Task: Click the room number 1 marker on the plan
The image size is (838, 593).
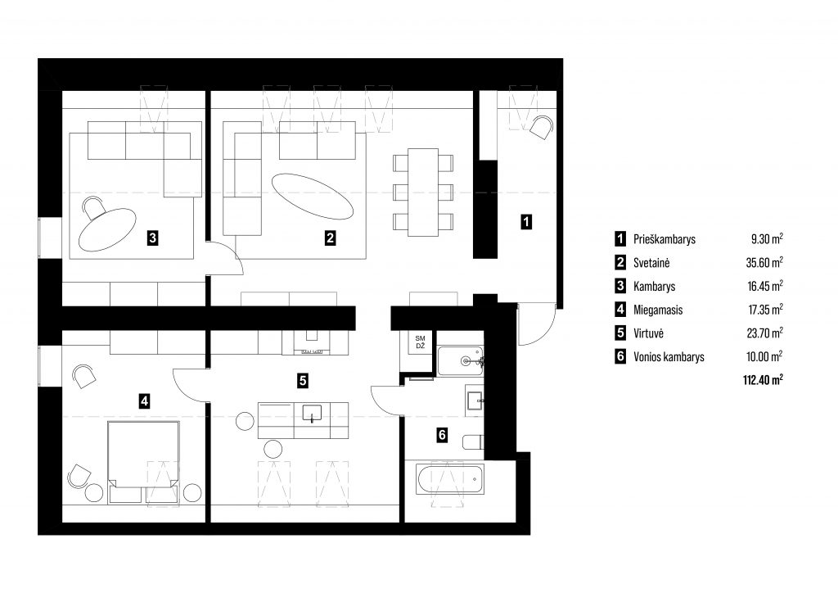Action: (x=526, y=221)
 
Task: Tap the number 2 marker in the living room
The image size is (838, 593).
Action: (x=331, y=238)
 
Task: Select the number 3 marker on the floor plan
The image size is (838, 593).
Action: (x=153, y=238)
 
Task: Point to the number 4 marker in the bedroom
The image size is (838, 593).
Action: (x=144, y=401)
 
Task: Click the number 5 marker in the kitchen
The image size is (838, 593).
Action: (x=303, y=380)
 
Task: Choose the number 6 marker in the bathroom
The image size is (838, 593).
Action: (x=442, y=435)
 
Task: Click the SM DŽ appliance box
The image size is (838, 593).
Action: (x=420, y=342)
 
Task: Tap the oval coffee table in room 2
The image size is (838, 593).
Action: (x=313, y=196)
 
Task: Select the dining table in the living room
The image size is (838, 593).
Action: (x=423, y=192)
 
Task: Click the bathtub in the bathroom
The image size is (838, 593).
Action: (x=451, y=479)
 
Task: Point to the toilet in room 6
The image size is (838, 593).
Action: (x=474, y=442)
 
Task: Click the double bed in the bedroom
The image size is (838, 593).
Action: (x=143, y=454)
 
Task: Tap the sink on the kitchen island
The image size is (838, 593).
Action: (x=312, y=414)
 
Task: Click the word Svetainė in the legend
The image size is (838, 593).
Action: (x=651, y=263)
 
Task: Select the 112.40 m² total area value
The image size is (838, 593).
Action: (x=764, y=380)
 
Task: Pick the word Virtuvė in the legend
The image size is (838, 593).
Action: (x=648, y=333)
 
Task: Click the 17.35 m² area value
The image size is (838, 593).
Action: (x=765, y=310)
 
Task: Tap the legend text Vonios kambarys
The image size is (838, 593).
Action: (x=669, y=356)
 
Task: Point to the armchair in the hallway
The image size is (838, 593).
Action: (x=541, y=127)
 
